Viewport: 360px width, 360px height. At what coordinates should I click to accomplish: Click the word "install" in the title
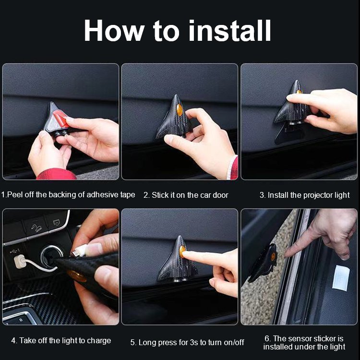point(229,30)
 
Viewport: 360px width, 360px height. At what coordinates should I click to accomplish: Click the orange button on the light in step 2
point(180,110)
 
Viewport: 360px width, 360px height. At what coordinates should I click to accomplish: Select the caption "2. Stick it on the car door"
point(186,195)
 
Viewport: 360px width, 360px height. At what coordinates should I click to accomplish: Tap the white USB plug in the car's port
point(20,262)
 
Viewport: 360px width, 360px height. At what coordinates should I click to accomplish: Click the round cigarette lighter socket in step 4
point(52,255)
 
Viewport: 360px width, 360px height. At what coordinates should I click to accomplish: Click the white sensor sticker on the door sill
point(341,278)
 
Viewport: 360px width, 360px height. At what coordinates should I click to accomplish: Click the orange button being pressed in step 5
point(182,252)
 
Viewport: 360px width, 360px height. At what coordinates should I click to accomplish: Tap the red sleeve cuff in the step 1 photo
point(56,174)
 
